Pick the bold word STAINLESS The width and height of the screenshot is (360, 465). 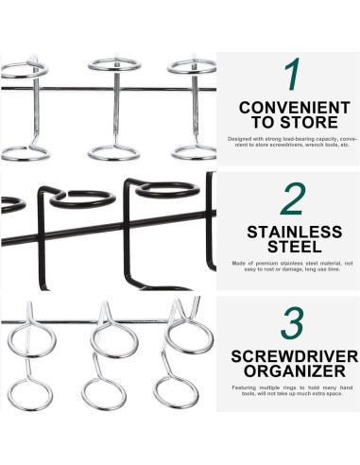point(292,232)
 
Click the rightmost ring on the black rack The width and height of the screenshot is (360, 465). point(170,189)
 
